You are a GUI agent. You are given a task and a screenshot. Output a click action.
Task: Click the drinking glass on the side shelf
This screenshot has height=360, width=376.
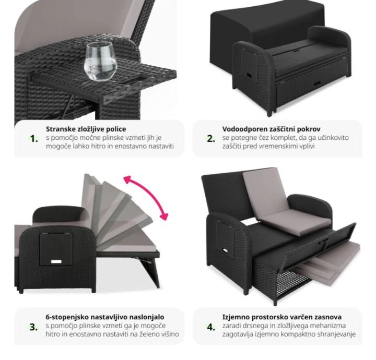[x=100, y=62]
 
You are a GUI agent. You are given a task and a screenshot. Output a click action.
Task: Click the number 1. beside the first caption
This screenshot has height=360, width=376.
[x=34, y=138]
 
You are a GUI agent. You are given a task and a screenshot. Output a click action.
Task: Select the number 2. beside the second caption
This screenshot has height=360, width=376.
[x=211, y=138]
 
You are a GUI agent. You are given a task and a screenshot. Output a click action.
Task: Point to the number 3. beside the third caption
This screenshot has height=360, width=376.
[x=33, y=327]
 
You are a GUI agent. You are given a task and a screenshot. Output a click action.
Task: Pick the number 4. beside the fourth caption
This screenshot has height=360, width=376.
[x=211, y=327]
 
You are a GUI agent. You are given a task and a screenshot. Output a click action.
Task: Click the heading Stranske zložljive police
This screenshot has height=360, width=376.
[x=86, y=129]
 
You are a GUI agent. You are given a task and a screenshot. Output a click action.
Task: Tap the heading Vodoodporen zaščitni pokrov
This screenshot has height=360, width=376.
[x=271, y=129]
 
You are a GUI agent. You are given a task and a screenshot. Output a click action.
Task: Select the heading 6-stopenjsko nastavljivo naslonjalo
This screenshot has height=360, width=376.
[x=105, y=317]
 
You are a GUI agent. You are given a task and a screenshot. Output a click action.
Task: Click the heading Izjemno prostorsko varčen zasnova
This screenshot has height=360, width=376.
[x=282, y=317]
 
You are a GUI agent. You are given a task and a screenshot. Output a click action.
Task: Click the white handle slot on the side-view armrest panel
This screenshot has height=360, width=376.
[x=56, y=262]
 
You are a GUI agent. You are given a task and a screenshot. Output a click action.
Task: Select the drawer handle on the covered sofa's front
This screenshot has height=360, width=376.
[x=317, y=84]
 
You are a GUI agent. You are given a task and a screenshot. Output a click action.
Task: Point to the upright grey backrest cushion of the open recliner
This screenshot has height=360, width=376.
[x=264, y=191]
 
